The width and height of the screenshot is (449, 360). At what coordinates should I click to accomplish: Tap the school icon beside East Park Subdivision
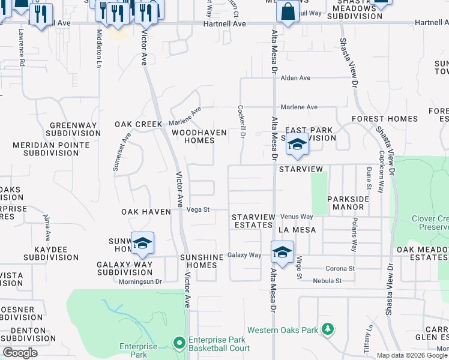297,145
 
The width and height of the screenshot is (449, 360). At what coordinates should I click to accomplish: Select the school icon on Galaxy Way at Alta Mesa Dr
282,252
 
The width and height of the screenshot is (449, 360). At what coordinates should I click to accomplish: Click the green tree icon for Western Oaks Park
327,329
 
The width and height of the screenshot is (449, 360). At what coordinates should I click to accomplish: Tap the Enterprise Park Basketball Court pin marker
178,343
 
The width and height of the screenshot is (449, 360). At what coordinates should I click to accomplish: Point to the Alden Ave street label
295,78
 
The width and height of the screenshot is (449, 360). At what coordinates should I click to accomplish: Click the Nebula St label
327,280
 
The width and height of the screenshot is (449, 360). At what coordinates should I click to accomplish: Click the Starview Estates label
253,221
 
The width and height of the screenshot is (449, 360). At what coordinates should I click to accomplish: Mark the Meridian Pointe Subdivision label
51,149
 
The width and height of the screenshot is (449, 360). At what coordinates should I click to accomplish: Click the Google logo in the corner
20,353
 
